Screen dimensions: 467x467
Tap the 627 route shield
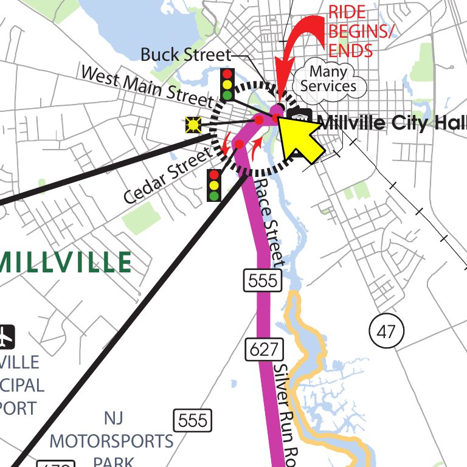[266, 350]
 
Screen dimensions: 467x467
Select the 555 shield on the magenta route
[265, 280]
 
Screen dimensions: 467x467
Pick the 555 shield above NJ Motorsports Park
[193, 420]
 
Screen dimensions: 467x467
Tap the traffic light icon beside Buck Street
[228, 84]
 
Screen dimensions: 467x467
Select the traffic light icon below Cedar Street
[214, 185]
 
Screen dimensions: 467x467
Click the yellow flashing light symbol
[193, 125]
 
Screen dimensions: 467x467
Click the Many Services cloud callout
[328, 79]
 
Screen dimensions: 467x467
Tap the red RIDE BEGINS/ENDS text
[358, 30]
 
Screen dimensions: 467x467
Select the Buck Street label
[185, 55]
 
